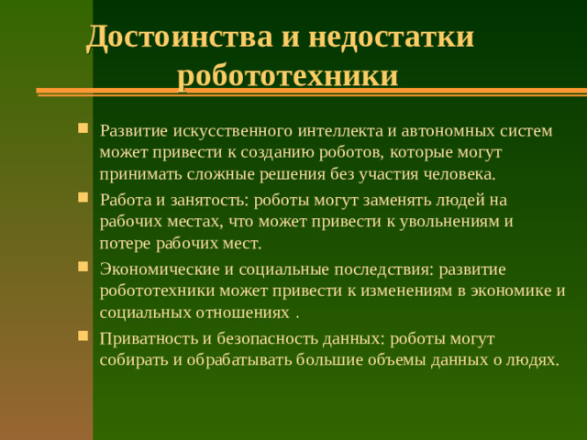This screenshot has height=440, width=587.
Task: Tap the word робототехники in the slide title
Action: [x=288, y=73]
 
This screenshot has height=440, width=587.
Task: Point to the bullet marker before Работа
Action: [x=84, y=197]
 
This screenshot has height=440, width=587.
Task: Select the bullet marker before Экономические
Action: [x=84, y=267]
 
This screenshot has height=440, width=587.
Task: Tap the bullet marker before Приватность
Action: [x=84, y=335]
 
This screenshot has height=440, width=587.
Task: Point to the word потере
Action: [x=124, y=244]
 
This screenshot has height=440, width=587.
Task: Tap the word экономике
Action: [x=515, y=291]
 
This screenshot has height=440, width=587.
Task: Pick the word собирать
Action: [x=135, y=359]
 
